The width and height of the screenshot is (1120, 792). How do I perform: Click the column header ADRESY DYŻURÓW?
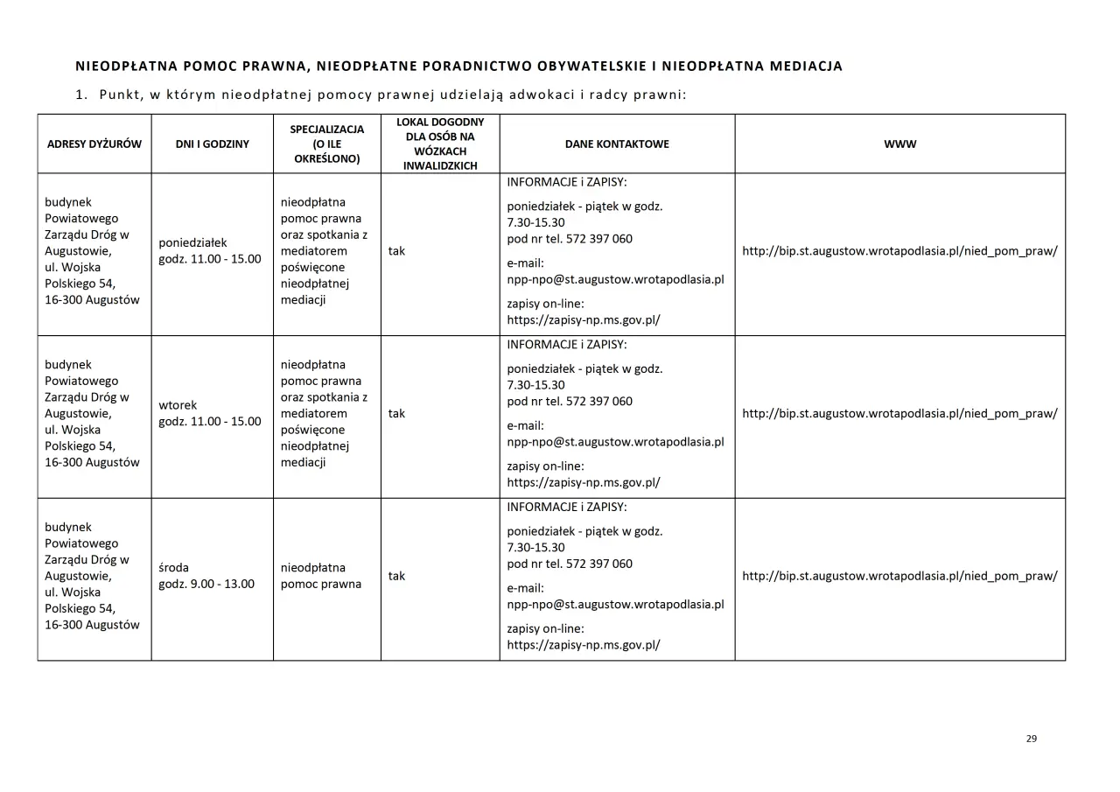pyautogui.click(x=94, y=144)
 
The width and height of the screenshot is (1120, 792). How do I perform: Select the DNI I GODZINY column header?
pyautogui.click(x=212, y=144)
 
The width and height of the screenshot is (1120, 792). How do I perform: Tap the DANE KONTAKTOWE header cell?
pyautogui.click(x=616, y=144)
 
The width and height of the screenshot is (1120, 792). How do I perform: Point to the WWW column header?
pyautogui.click(x=899, y=144)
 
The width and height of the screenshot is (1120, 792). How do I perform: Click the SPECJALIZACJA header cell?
pyautogui.click(x=326, y=144)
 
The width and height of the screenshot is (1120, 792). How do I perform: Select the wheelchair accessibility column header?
pyautogui.click(x=440, y=144)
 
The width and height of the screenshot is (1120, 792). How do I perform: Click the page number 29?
pyautogui.click(x=1031, y=739)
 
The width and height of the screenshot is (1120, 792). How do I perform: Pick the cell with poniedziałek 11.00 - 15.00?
pyautogui.click(x=210, y=251)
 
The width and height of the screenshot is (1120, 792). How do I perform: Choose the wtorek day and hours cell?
pyautogui.click(x=210, y=414)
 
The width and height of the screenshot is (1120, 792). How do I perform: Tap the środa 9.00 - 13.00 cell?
pyautogui.click(x=206, y=576)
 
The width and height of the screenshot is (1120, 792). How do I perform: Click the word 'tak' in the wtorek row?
pyautogui.click(x=396, y=414)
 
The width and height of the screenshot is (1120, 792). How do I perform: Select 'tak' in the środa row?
pyautogui.click(x=396, y=576)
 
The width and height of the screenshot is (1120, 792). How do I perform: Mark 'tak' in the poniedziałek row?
pyautogui.click(x=396, y=251)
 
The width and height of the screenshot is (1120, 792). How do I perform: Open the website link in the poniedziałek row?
pyautogui.click(x=899, y=251)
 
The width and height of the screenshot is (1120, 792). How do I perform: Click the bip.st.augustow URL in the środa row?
pyautogui.click(x=899, y=576)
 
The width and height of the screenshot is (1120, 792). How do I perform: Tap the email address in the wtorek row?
pyautogui.click(x=615, y=442)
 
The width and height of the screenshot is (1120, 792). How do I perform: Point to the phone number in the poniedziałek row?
pyautogui.click(x=599, y=239)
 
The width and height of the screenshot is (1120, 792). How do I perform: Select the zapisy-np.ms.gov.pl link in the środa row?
pyautogui.click(x=584, y=645)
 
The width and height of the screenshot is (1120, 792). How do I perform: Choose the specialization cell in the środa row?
pyautogui.click(x=321, y=576)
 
